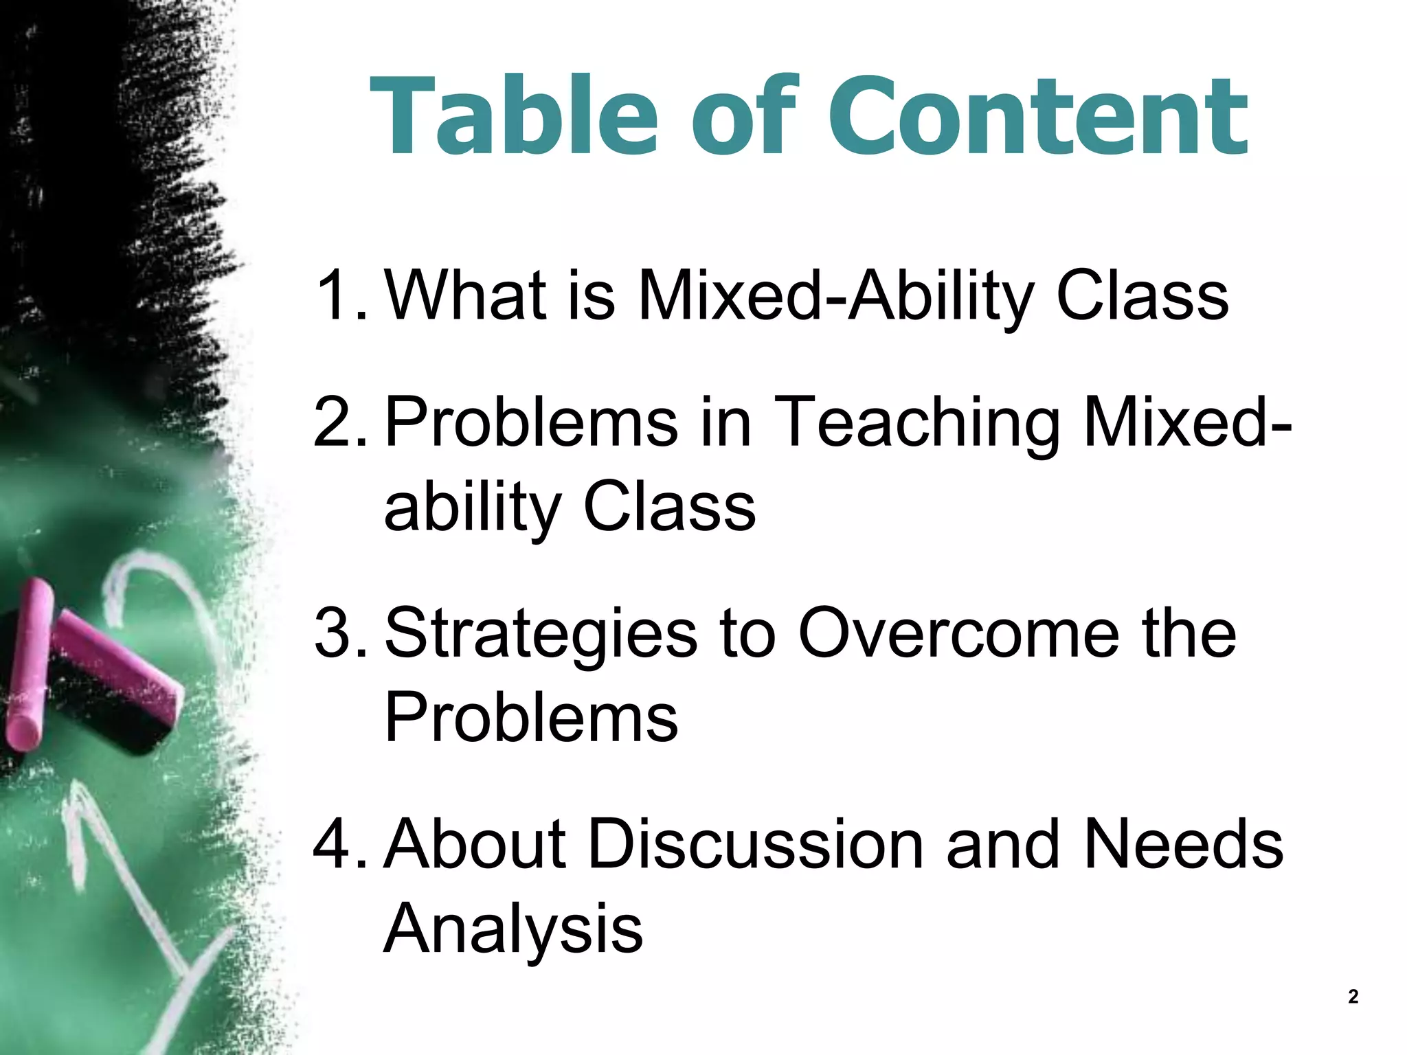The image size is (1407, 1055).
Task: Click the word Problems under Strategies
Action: tap(530, 718)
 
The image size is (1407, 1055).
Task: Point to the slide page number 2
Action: tap(1353, 997)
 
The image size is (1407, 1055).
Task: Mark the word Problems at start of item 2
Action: tap(530, 422)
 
